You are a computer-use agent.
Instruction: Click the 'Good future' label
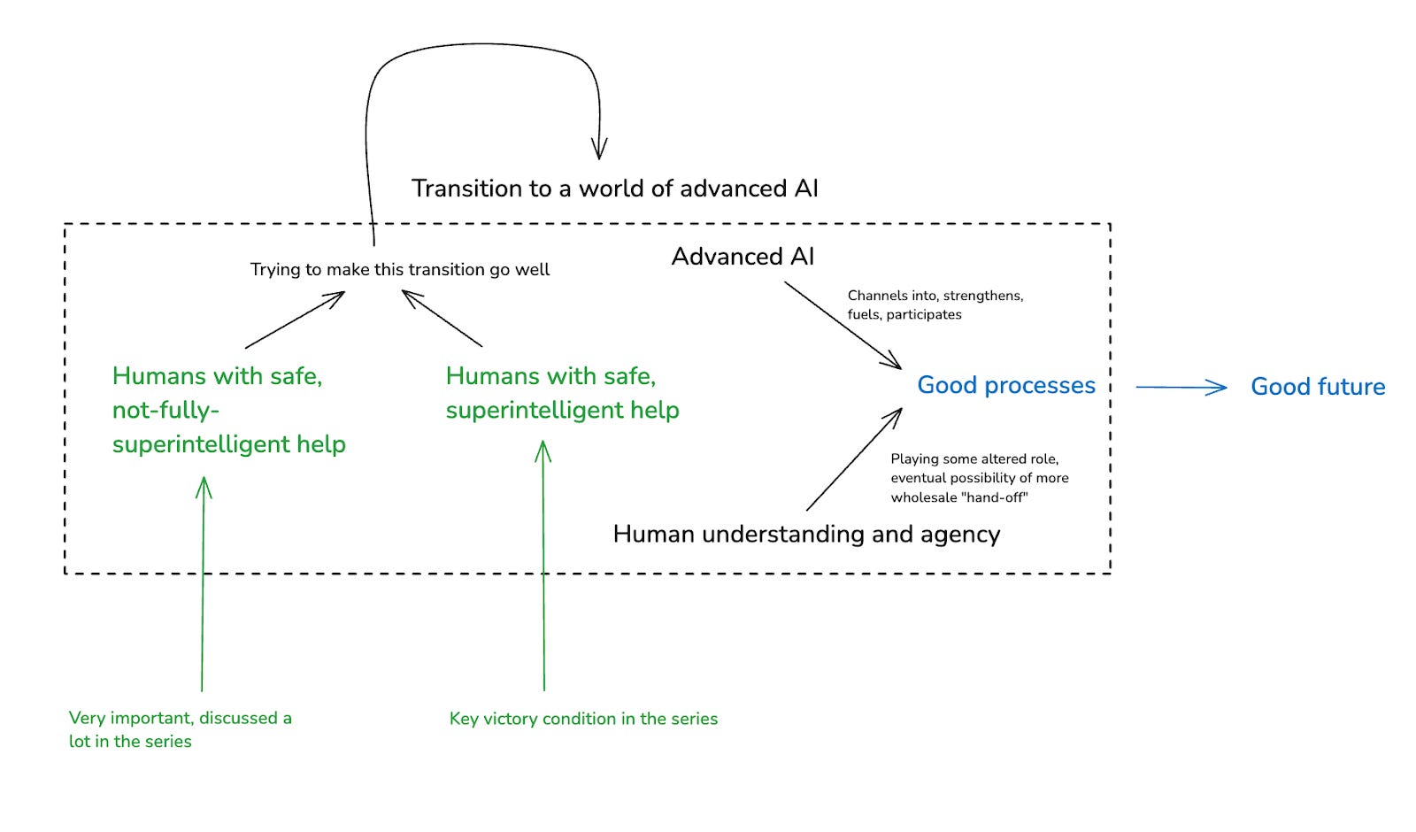1318,387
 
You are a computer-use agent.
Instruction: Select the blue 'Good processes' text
1006,386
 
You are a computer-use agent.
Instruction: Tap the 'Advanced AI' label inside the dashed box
743,257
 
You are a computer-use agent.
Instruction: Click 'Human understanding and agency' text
806,535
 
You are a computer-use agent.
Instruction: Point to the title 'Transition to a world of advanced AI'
614,189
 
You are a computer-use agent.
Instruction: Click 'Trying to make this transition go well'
400,270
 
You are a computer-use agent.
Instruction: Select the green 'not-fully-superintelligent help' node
229,411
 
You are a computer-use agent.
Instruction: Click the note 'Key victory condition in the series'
583,719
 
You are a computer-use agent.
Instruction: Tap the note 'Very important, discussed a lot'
181,729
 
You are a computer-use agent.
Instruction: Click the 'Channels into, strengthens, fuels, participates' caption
935,304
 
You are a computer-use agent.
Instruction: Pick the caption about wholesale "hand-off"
979,478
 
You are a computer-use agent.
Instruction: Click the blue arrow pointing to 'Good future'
1181,387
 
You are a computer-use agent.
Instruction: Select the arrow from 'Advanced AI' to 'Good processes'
843,325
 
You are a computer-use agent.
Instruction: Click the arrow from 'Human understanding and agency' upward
854,459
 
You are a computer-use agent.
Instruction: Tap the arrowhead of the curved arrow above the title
599,150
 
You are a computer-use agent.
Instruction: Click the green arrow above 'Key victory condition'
543,566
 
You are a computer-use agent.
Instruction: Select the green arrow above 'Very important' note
203,583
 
